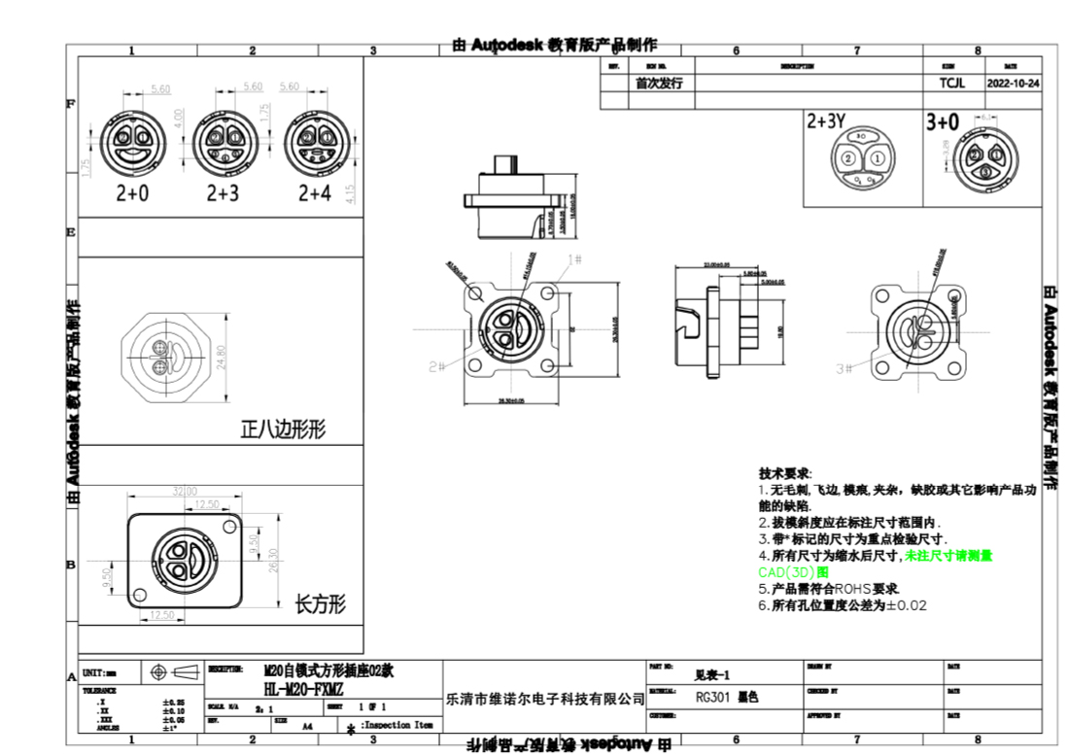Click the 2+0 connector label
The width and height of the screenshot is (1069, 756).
pos(132,193)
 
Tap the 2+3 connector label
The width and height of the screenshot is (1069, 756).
pos(223,193)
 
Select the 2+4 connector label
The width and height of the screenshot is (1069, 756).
pos(314,193)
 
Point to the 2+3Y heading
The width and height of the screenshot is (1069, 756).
pos(826,122)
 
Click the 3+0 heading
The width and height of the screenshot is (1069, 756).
pos(942,122)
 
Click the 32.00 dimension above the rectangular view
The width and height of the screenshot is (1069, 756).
pos(185,491)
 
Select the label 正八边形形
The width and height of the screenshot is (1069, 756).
pos(283,430)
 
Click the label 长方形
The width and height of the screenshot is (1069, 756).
pos(320,605)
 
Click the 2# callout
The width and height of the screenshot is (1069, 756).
pos(436,366)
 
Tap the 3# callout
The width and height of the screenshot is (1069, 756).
pos(845,368)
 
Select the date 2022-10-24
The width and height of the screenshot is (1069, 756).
pos(1013,84)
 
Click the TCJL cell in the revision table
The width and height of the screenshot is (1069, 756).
pos(951,84)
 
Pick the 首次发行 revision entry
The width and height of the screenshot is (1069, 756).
pos(659,84)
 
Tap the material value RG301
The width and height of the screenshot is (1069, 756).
pos(714,697)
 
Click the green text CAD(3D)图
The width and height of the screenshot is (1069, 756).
pos(788,572)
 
